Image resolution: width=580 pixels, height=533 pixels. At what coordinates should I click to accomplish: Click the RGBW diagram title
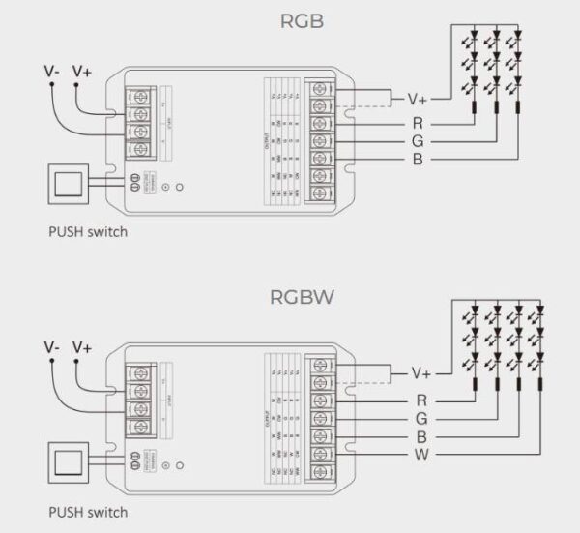(302, 296)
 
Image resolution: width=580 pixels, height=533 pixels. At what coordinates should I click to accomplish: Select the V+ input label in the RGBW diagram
(82, 346)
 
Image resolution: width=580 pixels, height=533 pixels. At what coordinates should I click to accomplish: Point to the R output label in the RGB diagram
(417, 124)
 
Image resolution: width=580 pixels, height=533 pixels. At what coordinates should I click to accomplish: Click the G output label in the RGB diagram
(417, 141)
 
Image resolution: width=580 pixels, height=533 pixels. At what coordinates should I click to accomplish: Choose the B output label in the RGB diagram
(417, 159)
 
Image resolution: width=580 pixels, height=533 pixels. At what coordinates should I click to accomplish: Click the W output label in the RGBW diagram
(421, 454)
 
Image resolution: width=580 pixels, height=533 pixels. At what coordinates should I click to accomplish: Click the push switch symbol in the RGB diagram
(66, 184)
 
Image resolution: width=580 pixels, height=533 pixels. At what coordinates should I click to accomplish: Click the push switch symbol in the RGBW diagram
(66, 460)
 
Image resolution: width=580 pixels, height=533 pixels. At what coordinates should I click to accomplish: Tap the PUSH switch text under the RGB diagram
(87, 232)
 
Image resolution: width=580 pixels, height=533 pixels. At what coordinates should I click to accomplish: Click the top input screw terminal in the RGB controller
(142, 97)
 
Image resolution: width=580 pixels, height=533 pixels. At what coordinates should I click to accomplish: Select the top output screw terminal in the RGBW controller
(320, 365)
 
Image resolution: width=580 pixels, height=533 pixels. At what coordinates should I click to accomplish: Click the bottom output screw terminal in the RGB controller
(320, 192)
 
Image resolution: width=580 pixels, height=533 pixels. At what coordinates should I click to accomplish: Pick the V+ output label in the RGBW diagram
(421, 372)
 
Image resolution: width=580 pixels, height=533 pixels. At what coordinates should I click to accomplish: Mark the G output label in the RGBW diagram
(421, 417)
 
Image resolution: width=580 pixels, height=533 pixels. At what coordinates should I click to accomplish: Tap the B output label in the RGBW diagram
(421, 435)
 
